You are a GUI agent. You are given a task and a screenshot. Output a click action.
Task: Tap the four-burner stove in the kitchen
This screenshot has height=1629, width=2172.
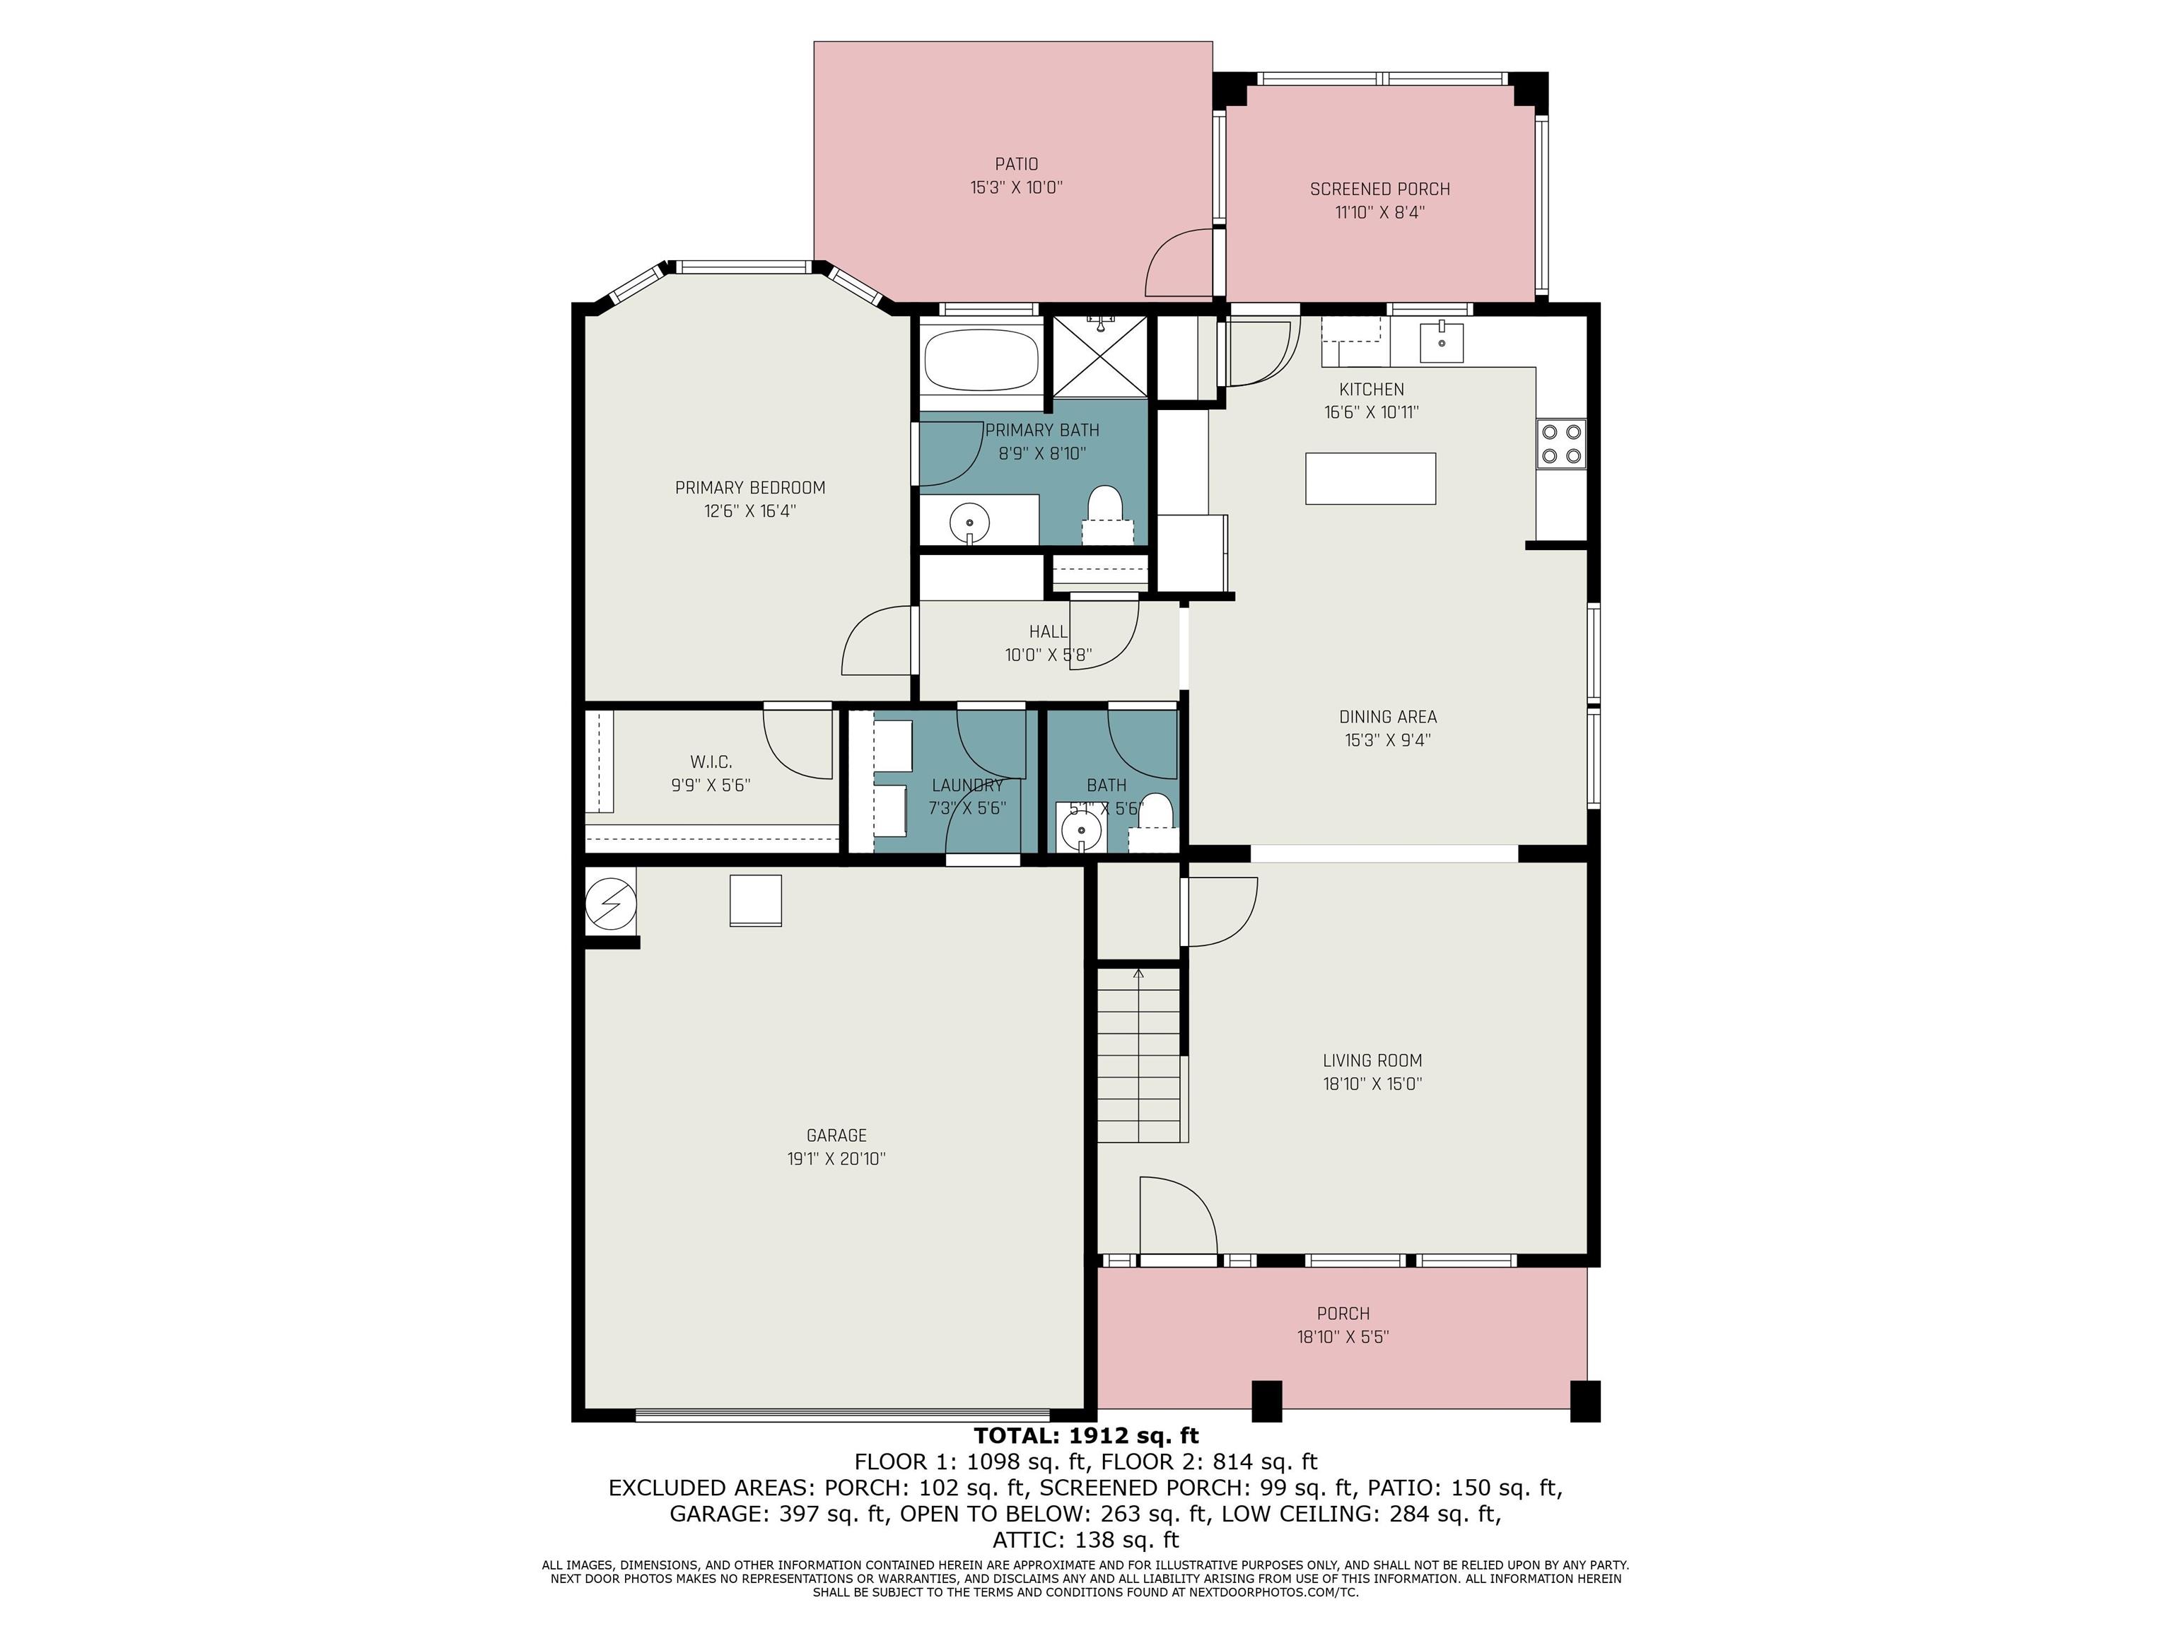point(1560,443)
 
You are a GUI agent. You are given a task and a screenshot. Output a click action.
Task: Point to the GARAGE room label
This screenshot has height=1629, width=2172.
point(836,1135)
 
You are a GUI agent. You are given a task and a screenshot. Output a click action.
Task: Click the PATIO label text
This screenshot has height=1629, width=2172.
point(1016,164)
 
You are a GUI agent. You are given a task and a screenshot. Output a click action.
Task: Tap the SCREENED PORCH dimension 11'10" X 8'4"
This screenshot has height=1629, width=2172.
point(1379,212)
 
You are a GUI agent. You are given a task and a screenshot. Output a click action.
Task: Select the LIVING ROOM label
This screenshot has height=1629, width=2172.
point(1372,1061)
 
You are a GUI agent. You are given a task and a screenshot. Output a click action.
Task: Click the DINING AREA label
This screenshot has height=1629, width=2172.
point(1387,717)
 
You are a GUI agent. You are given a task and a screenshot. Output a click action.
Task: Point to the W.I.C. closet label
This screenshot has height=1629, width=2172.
point(711,762)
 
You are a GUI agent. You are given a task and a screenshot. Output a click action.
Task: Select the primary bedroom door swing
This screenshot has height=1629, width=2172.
point(877,640)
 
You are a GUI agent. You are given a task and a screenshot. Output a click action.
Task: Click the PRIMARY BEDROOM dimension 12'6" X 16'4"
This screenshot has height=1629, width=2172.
point(750,510)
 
